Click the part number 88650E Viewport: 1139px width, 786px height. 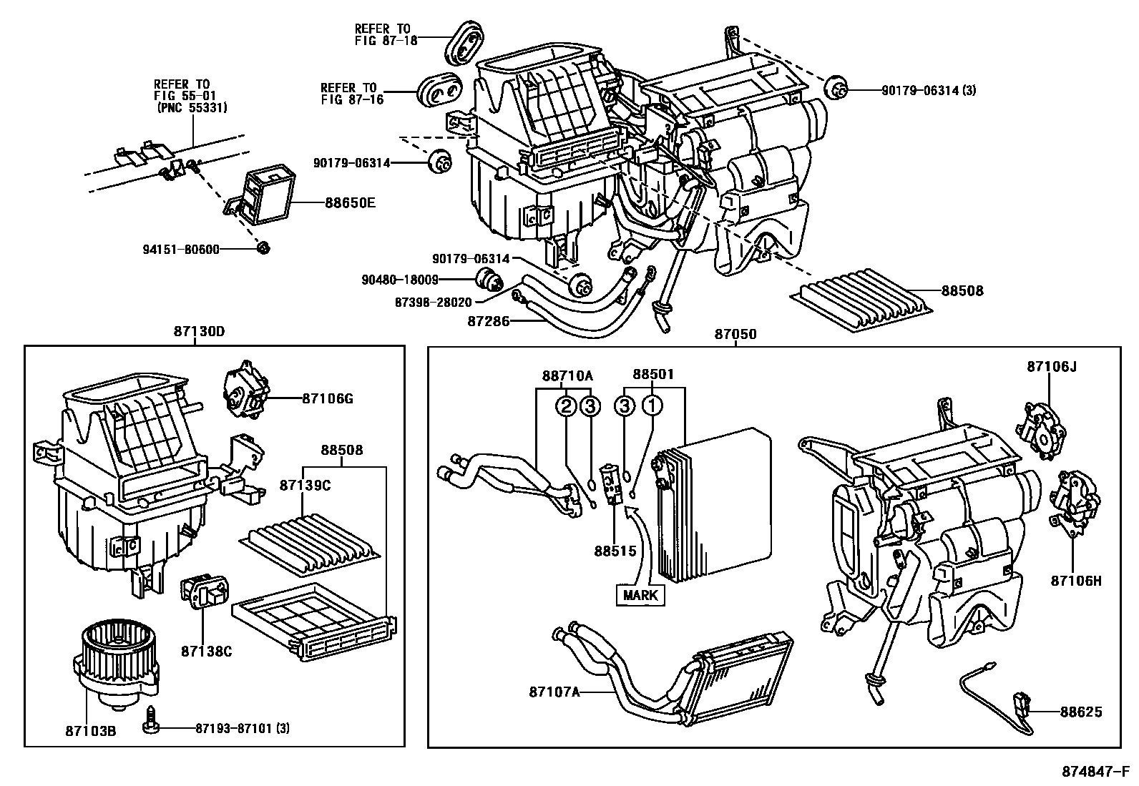coord(350,202)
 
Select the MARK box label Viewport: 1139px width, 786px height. coord(640,595)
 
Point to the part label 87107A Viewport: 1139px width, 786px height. coord(554,692)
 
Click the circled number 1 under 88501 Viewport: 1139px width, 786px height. coord(652,406)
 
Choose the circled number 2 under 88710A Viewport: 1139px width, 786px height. coord(566,406)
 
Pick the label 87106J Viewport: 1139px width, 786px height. coord(1051,367)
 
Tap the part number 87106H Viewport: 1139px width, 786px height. coord(1076,581)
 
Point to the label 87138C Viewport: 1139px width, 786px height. coord(206,652)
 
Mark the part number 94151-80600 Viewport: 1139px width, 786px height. coord(180,249)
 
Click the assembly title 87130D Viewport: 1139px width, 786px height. coord(199,332)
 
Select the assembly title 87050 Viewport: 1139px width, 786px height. coord(735,334)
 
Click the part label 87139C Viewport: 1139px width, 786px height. coord(305,485)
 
